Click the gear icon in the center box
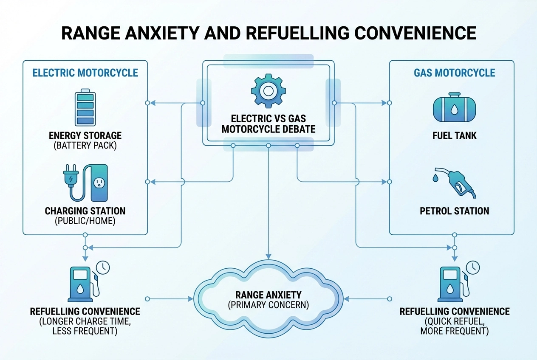click(268, 90)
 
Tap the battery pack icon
click(85, 107)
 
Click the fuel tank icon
click(454, 109)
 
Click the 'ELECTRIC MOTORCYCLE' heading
click(85, 73)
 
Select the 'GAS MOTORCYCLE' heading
click(455, 73)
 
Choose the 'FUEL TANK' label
click(454, 136)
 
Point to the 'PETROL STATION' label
click(455, 211)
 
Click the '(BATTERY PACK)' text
click(85, 146)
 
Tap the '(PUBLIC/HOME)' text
click(85, 221)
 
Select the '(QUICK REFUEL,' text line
click(455, 322)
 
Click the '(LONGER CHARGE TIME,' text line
click(85, 322)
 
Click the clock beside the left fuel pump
click(102, 267)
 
